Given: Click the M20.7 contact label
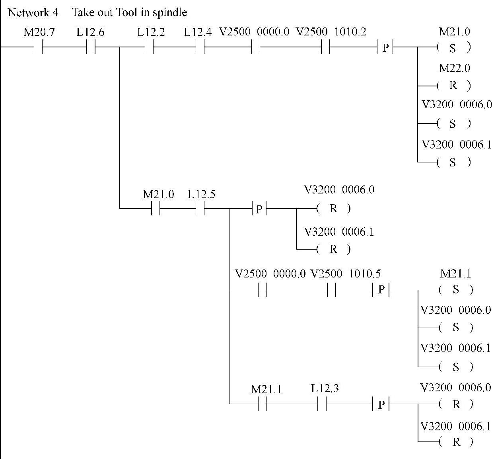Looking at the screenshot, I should [x=39, y=32].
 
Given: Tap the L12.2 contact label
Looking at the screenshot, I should [x=151, y=32].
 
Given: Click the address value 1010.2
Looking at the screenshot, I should [x=350, y=32].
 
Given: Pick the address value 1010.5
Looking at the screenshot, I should [x=365, y=274].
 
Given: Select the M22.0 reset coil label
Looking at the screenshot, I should [x=454, y=68].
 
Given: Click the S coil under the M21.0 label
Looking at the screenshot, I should [x=453, y=48].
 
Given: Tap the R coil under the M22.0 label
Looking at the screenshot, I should [x=453, y=85].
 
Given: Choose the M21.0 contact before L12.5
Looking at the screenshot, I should [x=156, y=209].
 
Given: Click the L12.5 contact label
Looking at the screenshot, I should [x=201, y=195].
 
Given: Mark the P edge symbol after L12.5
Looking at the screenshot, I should [x=259, y=209].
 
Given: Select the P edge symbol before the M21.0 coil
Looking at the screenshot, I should [x=385, y=48].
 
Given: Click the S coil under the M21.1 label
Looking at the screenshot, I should [x=456, y=290].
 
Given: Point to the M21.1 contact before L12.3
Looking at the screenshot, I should [x=263, y=404].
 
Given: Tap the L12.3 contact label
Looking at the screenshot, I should [x=325, y=389].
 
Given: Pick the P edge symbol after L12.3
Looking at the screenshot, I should [x=381, y=404].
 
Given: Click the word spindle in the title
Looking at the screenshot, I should [x=170, y=13].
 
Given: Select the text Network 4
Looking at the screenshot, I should [x=33, y=13].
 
